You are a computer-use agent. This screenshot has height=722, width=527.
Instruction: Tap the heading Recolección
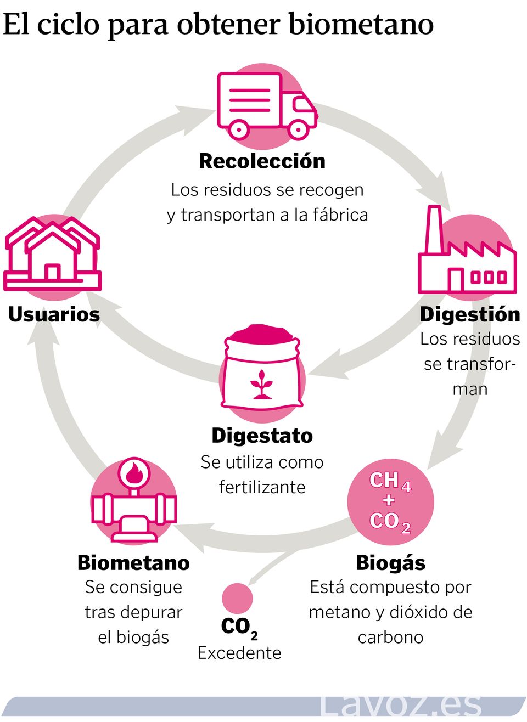[x=262, y=161]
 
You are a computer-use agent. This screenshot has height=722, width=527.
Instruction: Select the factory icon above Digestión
[x=467, y=255]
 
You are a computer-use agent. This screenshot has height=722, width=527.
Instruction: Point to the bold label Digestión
[x=470, y=314]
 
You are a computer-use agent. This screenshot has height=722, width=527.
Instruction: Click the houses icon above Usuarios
[x=53, y=255]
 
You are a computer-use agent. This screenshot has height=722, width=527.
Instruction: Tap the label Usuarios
[x=54, y=314]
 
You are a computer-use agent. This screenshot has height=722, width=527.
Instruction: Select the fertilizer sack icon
[x=262, y=367]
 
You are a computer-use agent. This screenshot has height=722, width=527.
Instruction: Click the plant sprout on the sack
[x=262, y=383]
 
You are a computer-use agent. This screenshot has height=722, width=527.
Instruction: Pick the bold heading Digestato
[x=262, y=436]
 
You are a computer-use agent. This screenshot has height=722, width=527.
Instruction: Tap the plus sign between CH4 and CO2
[x=389, y=500]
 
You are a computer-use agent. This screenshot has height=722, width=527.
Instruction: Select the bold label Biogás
[x=390, y=563]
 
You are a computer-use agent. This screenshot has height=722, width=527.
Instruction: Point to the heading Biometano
[x=133, y=563]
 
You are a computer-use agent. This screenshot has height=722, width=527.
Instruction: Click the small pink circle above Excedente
[x=237, y=598]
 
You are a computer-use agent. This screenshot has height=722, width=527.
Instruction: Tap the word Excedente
[x=239, y=653]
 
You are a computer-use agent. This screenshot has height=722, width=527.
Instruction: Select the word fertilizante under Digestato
[x=262, y=487]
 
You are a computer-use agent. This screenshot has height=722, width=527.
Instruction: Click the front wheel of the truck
[x=298, y=129]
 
